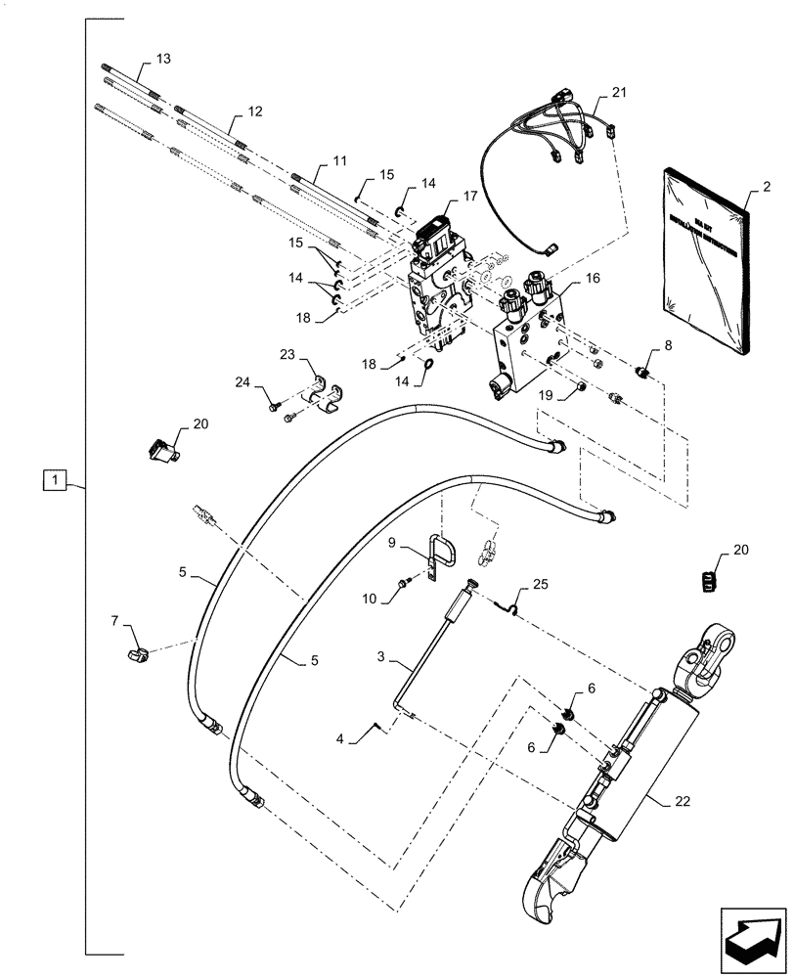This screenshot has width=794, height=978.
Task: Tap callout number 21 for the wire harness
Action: (618, 93)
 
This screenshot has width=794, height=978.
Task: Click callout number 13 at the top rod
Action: (162, 59)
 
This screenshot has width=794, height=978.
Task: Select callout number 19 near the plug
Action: (547, 394)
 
